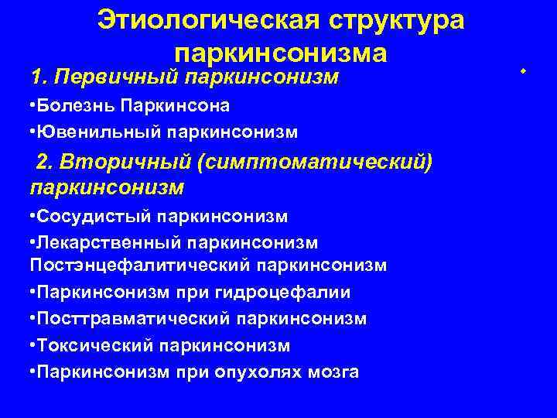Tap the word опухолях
click(265, 372)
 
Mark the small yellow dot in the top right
click(523, 71)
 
